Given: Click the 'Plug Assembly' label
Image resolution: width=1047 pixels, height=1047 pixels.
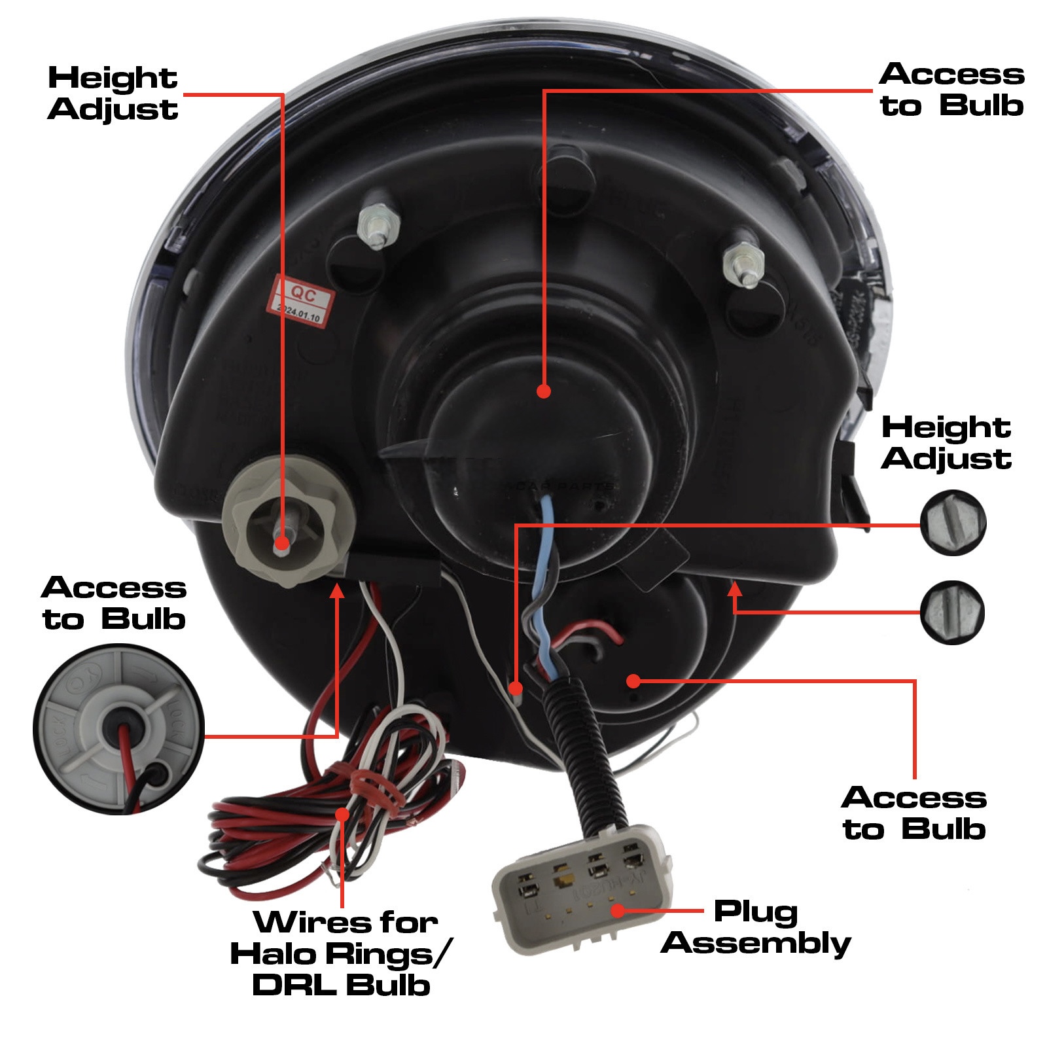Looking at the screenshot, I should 756,928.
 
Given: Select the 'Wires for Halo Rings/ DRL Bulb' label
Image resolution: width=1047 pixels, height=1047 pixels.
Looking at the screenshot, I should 340,953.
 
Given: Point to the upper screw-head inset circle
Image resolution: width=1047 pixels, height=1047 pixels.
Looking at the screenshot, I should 952,523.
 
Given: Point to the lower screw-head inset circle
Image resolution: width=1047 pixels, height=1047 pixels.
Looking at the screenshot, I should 952,612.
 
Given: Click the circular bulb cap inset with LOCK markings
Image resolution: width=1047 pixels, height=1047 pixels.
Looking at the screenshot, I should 118,728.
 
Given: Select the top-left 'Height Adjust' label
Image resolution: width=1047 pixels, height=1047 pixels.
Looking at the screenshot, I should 113,94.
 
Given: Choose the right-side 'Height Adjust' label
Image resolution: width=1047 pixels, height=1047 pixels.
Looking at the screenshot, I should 946,443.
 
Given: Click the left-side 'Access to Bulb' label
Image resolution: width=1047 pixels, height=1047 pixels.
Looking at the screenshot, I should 115,603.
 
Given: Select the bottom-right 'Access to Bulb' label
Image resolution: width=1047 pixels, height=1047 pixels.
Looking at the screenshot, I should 914,813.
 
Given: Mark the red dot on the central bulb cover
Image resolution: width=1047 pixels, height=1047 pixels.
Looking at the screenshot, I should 543,391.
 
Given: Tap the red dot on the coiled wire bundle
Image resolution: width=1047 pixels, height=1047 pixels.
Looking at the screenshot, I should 342,814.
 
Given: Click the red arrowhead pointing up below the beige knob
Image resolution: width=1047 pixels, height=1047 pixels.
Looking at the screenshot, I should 337,592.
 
